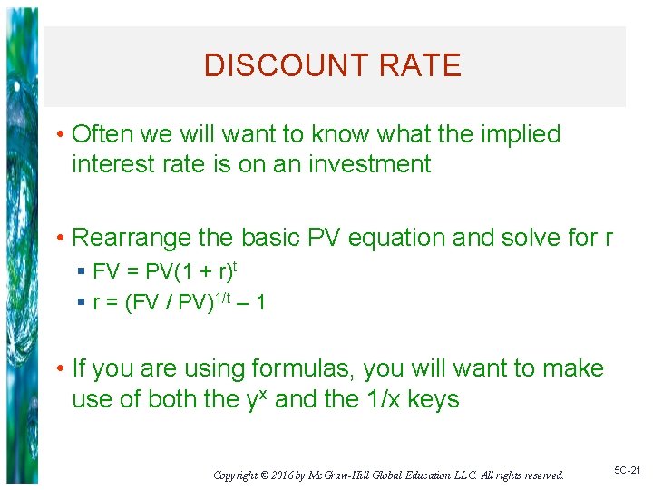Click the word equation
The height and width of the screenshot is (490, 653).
400,238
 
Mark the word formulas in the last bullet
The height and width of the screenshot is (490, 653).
303,368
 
